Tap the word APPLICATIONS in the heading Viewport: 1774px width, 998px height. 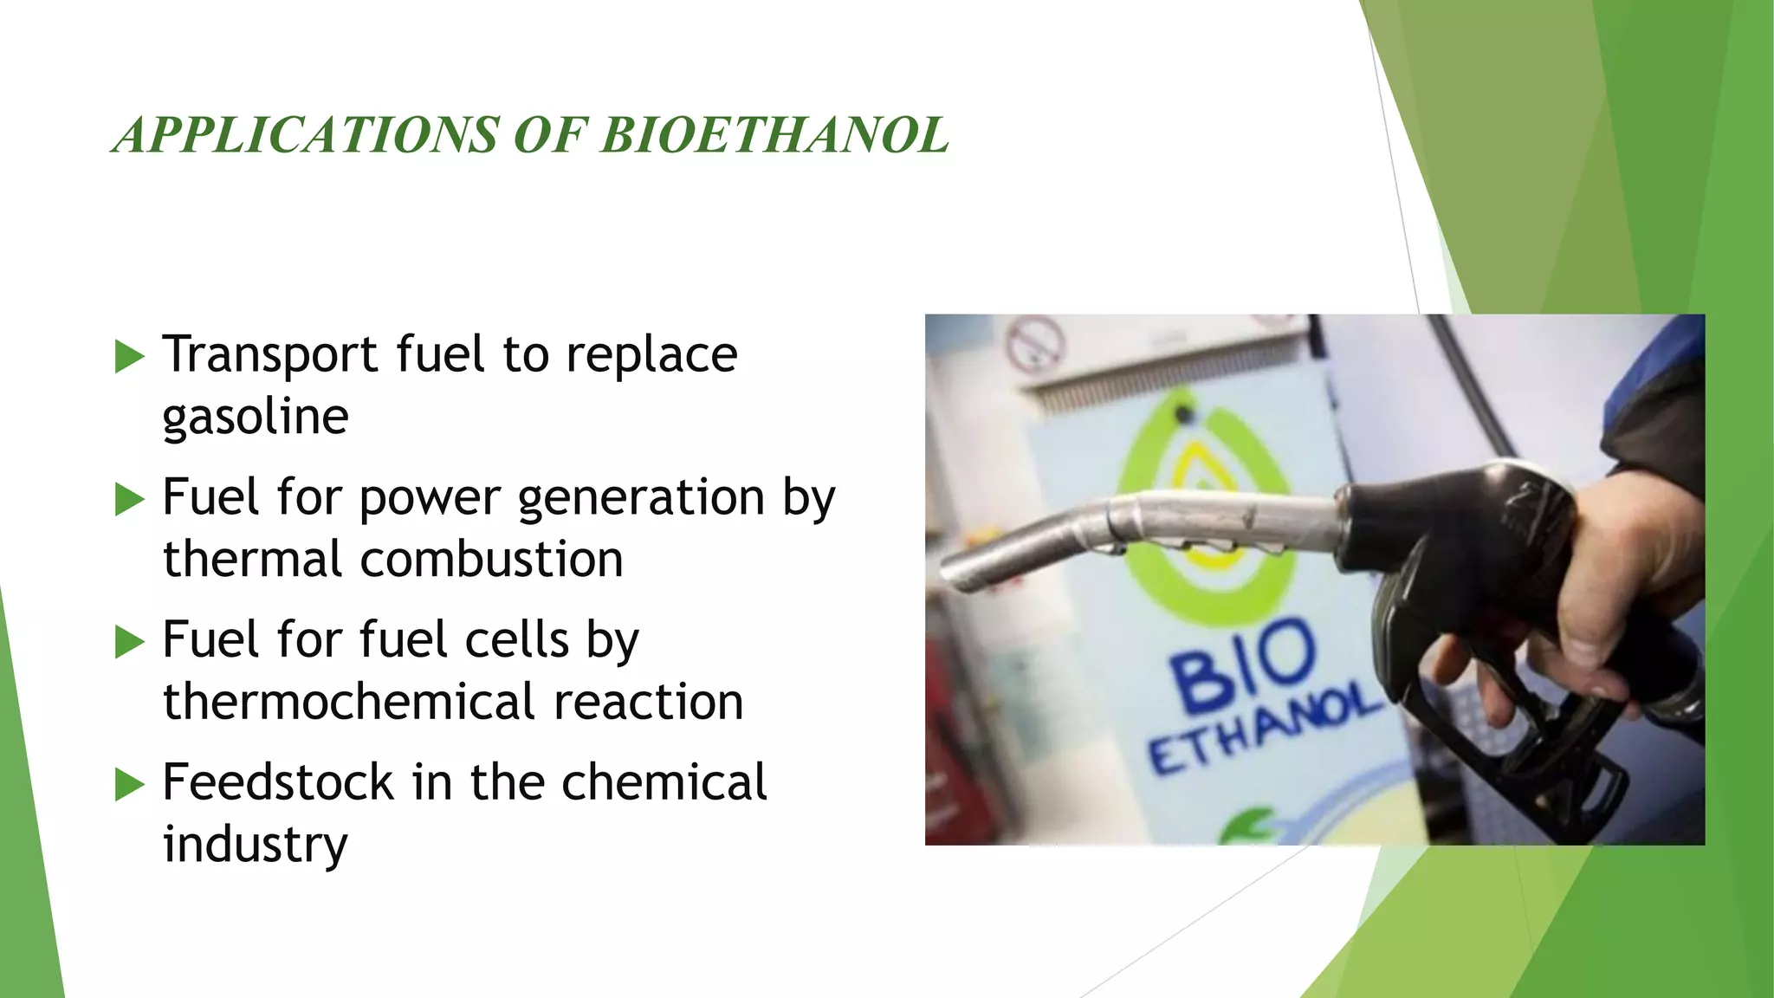pyautogui.click(x=306, y=136)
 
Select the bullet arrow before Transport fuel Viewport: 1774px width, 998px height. pyautogui.click(x=129, y=356)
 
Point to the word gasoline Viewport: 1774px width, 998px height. pyautogui.click(x=256, y=418)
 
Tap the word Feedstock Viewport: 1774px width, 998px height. pyautogui.click(x=278, y=782)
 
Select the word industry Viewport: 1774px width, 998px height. pyautogui.click(x=255, y=845)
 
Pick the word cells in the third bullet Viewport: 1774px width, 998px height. pyautogui.click(x=517, y=641)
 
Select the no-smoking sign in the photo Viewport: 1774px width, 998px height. pyautogui.click(x=1034, y=343)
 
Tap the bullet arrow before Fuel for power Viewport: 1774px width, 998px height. pyautogui.click(x=129, y=499)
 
